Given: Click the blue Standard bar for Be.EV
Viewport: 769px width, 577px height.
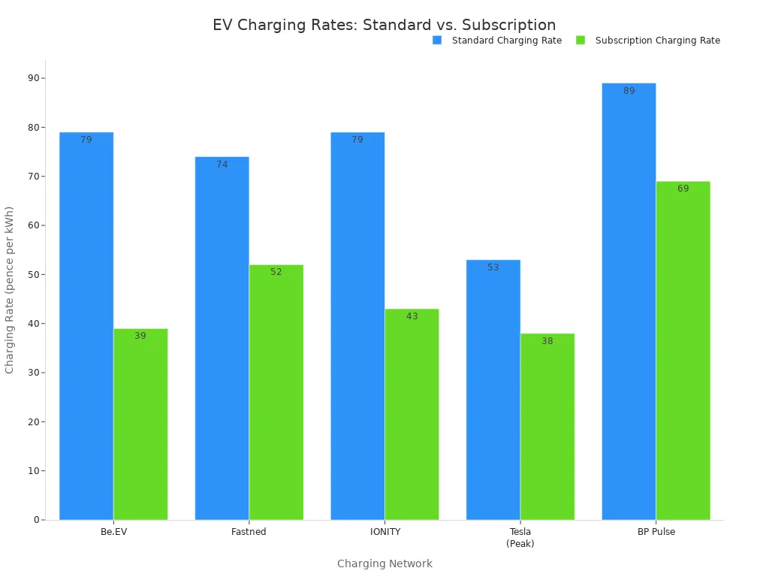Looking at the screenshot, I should tap(86, 326).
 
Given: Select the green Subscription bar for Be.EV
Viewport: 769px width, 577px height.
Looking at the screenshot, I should tap(140, 424).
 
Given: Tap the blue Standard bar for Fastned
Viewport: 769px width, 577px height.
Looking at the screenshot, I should tap(222, 338).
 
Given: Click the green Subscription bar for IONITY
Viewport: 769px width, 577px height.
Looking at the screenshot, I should tap(412, 414).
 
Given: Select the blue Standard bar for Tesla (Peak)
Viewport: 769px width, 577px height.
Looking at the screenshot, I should tap(493, 390).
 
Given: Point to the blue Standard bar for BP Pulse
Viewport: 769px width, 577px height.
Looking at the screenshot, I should tap(629, 301).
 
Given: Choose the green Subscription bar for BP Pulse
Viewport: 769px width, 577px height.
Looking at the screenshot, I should tap(683, 350).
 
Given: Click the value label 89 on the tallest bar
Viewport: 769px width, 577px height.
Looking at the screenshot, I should tap(629, 91).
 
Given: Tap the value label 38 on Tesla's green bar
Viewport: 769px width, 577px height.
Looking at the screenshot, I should tap(547, 341).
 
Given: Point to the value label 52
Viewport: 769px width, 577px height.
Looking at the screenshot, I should tap(276, 272).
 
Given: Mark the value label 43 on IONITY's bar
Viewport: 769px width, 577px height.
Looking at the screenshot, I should tap(412, 316).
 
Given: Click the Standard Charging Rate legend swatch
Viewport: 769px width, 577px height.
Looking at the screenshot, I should tap(437, 41).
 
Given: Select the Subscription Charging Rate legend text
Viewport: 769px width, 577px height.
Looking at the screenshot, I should tap(657, 41).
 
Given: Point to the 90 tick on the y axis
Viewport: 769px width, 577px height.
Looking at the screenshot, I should tap(34, 78).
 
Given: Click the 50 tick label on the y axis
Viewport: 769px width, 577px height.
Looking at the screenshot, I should tap(34, 274).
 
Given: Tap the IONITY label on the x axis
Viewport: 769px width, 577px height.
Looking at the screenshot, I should tap(384, 532).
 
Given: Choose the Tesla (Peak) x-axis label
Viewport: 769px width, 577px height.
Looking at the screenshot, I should tap(520, 537).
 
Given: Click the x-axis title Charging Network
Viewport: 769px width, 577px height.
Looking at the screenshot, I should tap(384, 563).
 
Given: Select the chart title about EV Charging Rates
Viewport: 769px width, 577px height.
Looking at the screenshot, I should tap(384, 25).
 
